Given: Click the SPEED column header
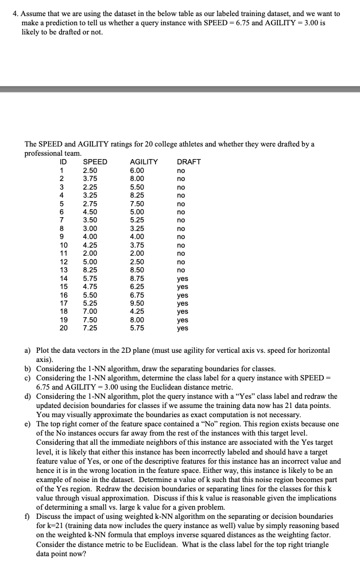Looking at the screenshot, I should coord(95,162).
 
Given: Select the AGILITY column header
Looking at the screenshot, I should coord(144,162).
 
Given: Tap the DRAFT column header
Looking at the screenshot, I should coord(189,162).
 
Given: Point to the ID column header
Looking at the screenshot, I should coord(63,162).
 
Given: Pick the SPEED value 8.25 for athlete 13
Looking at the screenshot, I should coord(90,269).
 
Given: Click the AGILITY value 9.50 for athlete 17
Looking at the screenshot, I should coord(138,303).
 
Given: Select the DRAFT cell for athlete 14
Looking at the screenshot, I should coord(183,278).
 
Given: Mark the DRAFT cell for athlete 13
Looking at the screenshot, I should coord(181,269).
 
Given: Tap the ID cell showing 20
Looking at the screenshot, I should coord(64,328).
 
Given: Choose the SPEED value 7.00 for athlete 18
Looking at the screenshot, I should coord(90,311).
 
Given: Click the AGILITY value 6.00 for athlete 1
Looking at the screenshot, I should coord(138,171).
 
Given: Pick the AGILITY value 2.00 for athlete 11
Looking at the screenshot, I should coord(138,253).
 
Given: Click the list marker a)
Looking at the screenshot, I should coord(28,350).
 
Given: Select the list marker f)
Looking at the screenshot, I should coord(28,517).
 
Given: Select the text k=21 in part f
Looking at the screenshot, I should coord(54,525).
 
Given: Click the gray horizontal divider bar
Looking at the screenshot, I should coord(180,89).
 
